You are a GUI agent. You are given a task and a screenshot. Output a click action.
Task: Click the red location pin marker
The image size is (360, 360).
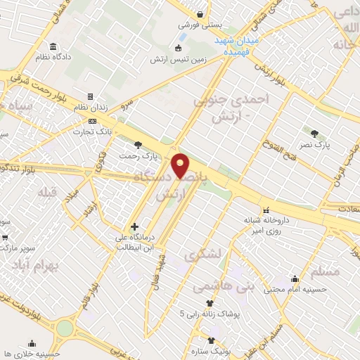coord(181,165)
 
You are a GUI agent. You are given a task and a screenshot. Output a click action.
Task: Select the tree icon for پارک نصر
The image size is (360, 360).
coord(314,133)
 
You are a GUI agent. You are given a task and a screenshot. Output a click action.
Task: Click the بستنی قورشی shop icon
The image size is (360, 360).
coord(201,13)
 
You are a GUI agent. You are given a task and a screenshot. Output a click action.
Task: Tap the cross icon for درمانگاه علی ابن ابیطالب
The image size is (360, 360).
coord(134,226)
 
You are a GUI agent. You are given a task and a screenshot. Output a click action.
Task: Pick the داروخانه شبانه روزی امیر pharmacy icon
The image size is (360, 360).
coord(266,210)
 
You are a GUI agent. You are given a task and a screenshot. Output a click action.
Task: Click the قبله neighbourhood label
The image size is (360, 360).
coord(34,192)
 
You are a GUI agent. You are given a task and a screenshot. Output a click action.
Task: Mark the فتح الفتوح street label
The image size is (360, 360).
coord(283,152)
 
